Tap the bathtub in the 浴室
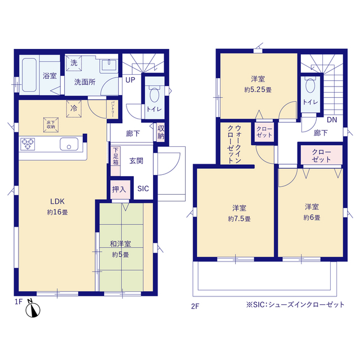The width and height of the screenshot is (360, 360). pos(29,75)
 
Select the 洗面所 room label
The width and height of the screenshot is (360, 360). pos(85,82)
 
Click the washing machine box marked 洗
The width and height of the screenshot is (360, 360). pos(74,63)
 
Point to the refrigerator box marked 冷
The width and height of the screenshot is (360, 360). pos(74,109)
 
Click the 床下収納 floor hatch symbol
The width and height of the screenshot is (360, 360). pos(51,125)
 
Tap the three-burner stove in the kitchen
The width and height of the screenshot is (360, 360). pos(28,144)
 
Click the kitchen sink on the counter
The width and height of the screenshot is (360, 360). pos(69,144)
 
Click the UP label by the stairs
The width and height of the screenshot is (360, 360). pos(130,80)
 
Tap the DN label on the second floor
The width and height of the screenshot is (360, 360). pos(332,120)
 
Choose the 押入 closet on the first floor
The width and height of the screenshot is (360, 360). pos(120,190)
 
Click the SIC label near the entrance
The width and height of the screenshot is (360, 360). pos(143,189)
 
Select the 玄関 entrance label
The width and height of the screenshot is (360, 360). pos(136,161)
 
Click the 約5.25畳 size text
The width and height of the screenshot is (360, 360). pos(258,89)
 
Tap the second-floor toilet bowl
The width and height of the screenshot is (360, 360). pos(310,85)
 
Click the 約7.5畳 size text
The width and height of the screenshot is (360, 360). pos(239,219)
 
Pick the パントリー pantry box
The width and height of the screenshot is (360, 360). pos(112,109)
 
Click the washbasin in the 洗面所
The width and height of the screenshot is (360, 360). pos(109,65)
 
